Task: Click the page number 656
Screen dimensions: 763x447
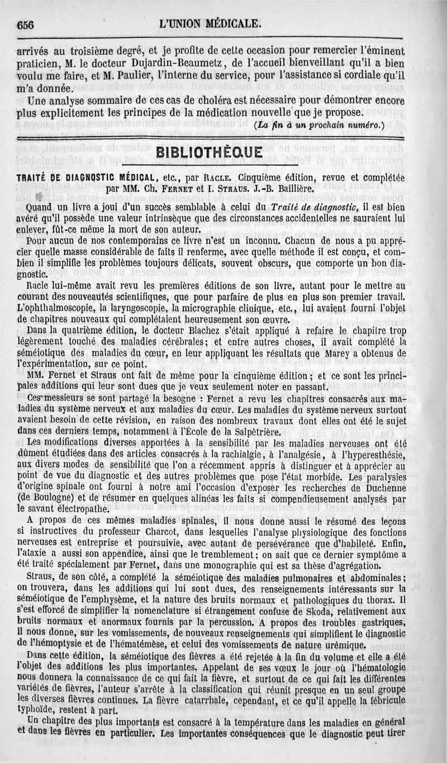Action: coord(26,24)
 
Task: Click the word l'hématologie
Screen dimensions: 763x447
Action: coord(372,668)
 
